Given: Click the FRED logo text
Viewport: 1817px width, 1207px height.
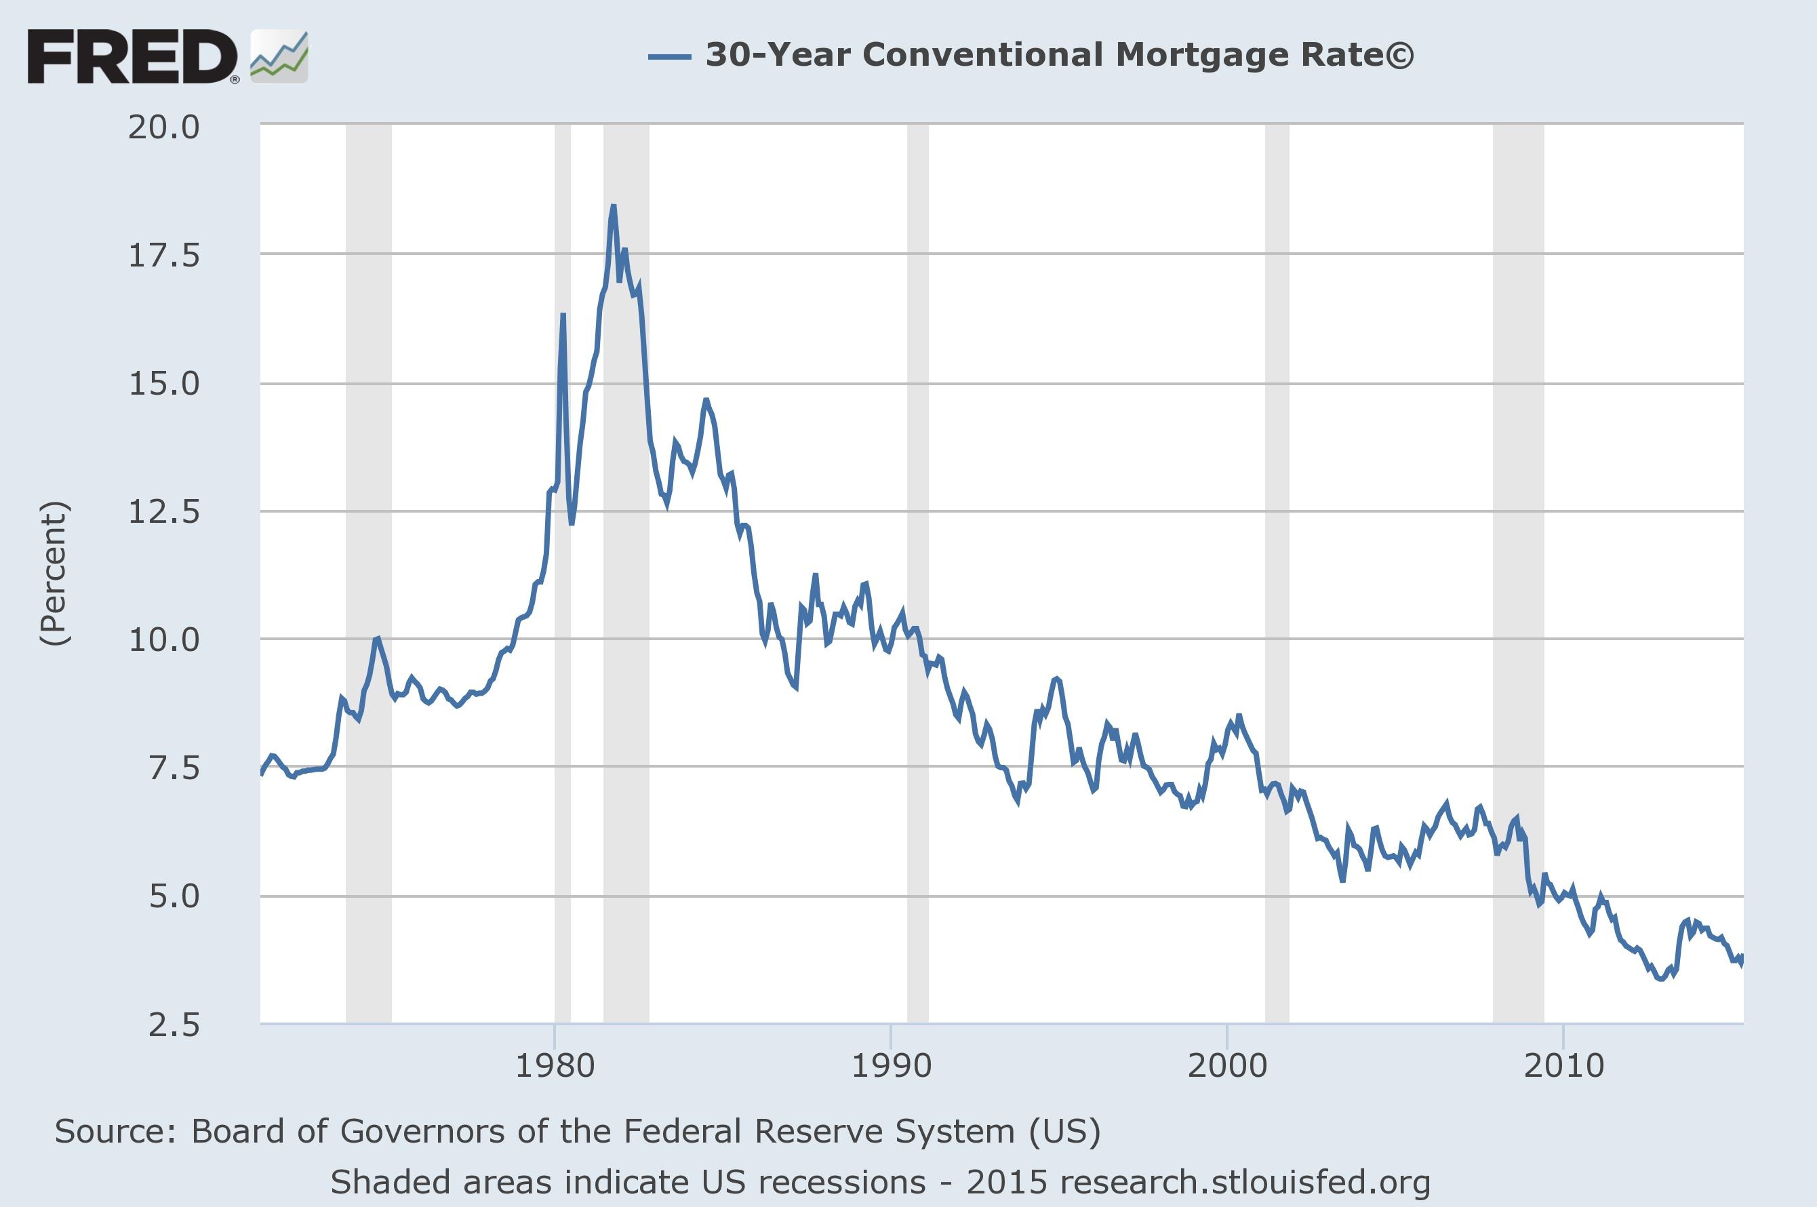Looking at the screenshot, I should pyautogui.click(x=131, y=56).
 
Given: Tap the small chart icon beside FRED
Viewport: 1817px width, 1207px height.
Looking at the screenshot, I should pyautogui.click(x=279, y=57).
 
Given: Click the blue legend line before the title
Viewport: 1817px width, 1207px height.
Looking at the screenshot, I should pyautogui.click(x=668, y=56).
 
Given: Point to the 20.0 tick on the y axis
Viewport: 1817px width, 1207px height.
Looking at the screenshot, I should pyautogui.click(x=163, y=127).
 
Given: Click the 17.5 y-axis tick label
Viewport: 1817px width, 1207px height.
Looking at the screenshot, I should pyautogui.click(x=163, y=256).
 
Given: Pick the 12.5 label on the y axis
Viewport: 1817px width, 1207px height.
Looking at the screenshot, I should pyautogui.click(x=163, y=512).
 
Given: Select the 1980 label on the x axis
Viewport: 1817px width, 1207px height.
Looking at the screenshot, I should pyautogui.click(x=554, y=1066).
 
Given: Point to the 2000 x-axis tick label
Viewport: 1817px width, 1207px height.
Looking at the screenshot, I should pyautogui.click(x=1226, y=1066).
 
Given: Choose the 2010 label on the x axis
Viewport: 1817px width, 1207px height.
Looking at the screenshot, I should pyautogui.click(x=1563, y=1066).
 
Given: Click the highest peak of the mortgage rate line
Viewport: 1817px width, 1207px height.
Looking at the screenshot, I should pyautogui.click(x=614, y=206).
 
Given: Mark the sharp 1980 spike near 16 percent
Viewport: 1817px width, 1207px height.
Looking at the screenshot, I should pyautogui.click(x=563, y=315).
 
